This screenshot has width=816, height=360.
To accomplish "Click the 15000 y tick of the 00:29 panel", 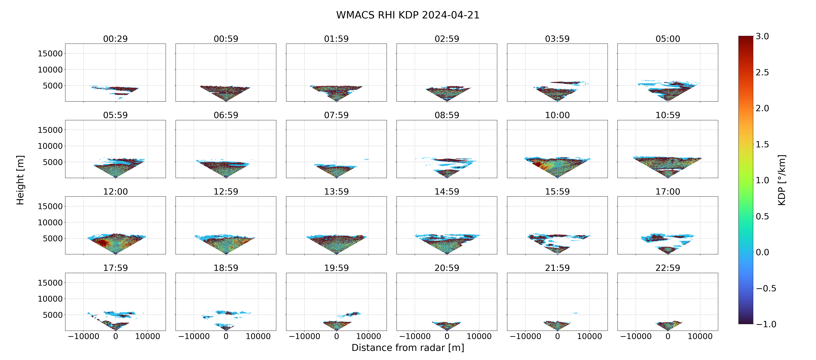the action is pyautogui.click(x=50, y=54).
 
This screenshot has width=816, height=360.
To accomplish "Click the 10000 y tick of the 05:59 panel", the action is pyautogui.click(x=50, y=146).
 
